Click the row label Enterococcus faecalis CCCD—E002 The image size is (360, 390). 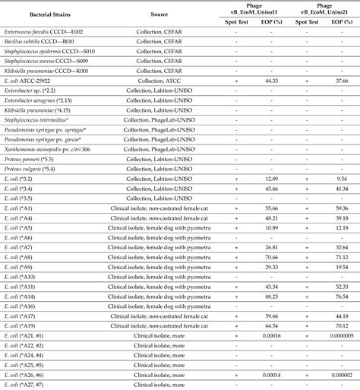(x=43, y=31)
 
